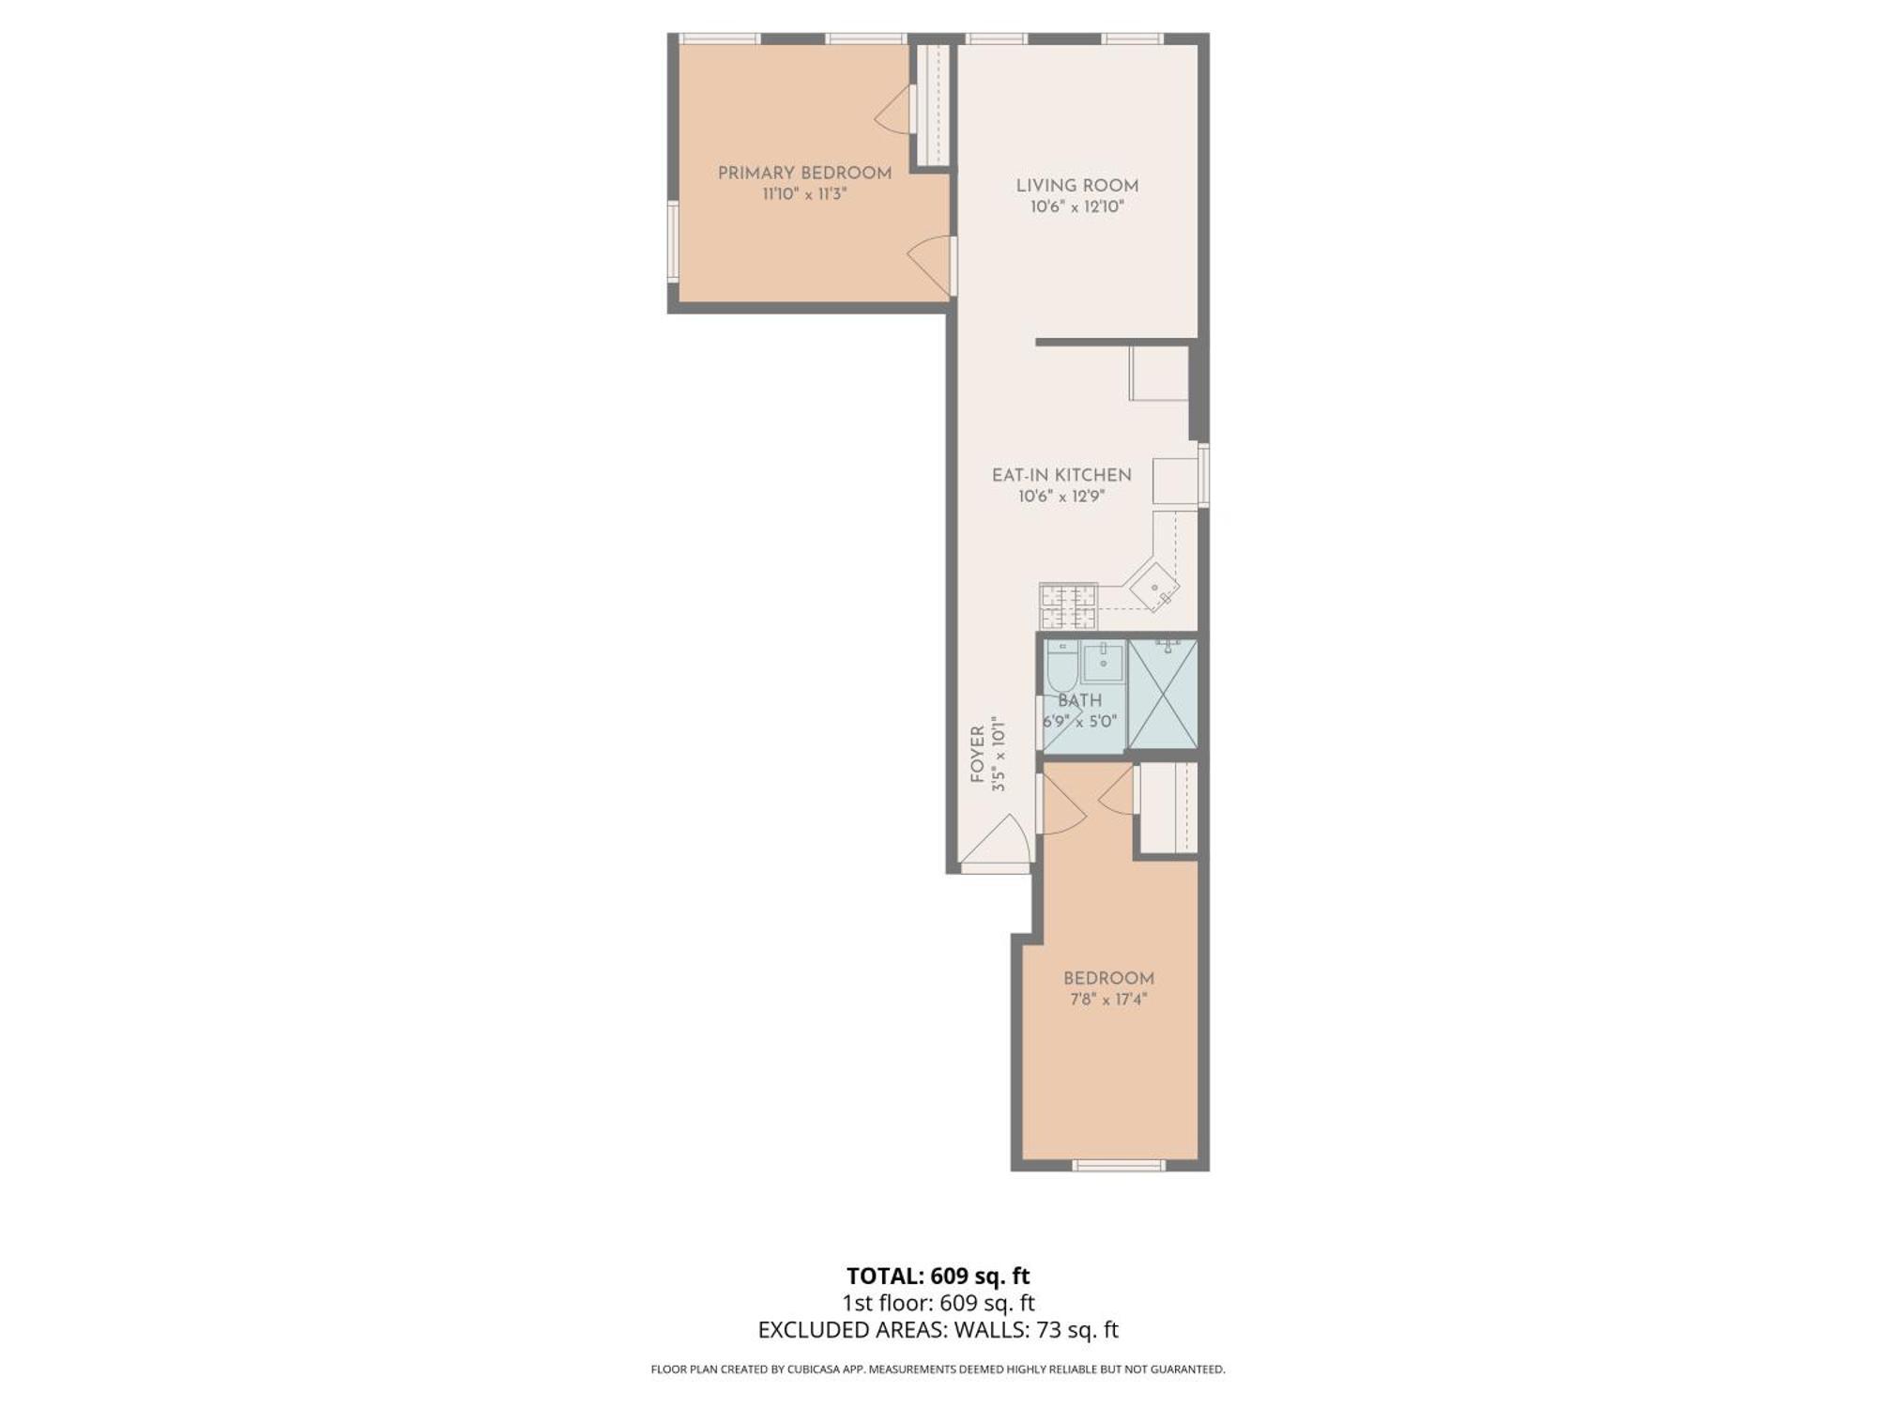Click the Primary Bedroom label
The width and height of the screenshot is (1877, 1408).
coord(804,173)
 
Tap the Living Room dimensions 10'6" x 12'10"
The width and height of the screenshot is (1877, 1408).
coord(1076,207)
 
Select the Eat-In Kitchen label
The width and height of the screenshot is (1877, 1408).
coord(1061,475)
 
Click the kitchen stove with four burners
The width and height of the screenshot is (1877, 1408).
coord(1068,606)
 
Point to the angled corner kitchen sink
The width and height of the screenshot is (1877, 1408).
coord(1154,588)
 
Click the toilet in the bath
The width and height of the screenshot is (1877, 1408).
coord(1061,668)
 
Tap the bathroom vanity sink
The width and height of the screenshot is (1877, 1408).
coord(1103,663)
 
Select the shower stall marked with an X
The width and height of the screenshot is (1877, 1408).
coord(1162,695)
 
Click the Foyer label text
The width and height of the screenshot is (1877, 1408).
coord(977,754)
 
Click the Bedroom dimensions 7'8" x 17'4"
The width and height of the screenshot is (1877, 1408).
coord(1108,1000)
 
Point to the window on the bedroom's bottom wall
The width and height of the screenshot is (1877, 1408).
coord(1118,1165)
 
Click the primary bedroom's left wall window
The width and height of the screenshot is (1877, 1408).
coord(672,241)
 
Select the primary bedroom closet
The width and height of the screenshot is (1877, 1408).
coord(935,105)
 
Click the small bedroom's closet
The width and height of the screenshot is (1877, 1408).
coord(1168,807)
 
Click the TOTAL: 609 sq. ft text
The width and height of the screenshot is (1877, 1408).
coord(938,1277)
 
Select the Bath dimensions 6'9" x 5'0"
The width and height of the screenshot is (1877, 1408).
coord(1079,722)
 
